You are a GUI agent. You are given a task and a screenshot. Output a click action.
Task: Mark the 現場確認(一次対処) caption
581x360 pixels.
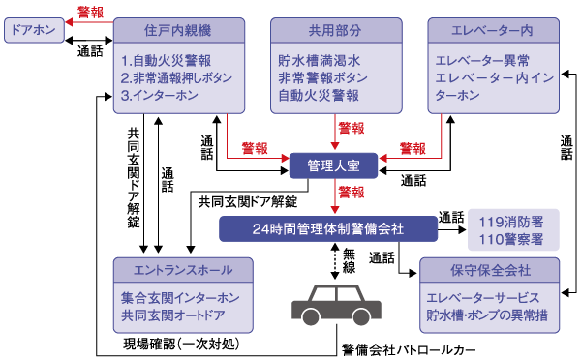(x=180, y=344)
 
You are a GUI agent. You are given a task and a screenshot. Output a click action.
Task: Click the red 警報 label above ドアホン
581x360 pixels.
(x=91, y=12)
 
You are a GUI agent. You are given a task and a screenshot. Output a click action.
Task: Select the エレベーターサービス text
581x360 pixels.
(x=491, y=297)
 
